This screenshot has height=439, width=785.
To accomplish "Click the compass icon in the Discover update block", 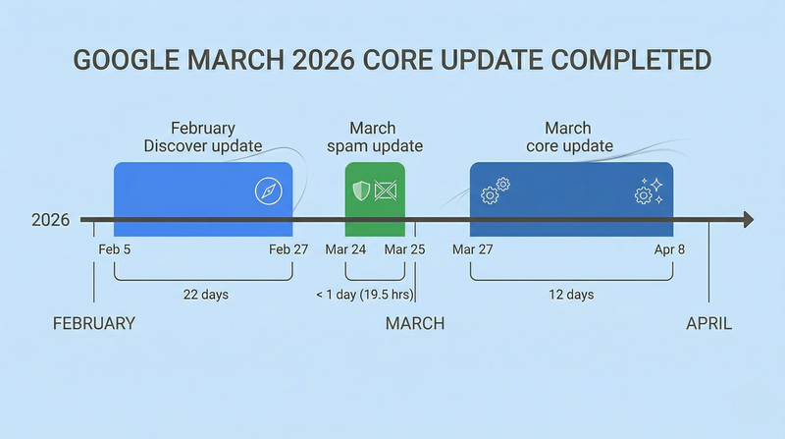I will [268, 191].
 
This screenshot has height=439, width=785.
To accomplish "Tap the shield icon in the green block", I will [361, 191].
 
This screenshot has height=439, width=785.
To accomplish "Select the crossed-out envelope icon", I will [385, 191].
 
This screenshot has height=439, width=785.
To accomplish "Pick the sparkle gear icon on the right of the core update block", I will [649, 191].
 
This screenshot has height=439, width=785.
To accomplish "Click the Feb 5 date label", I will [115, 249].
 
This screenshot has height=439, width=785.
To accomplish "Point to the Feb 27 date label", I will [288, 249].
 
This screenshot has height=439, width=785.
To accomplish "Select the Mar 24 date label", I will [345, 249].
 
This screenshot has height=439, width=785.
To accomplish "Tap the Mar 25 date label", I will [403, 249].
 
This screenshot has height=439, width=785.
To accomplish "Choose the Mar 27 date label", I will [472, 249].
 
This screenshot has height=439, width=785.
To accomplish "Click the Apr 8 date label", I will [669, 249].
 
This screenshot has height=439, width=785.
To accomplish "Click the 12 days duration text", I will [571, 294].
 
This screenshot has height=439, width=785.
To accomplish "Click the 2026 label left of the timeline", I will [50, 220].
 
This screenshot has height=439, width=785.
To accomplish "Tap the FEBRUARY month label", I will [93, 324].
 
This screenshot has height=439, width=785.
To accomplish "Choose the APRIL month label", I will [708, 324].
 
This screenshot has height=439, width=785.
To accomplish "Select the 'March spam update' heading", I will [372, 137].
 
